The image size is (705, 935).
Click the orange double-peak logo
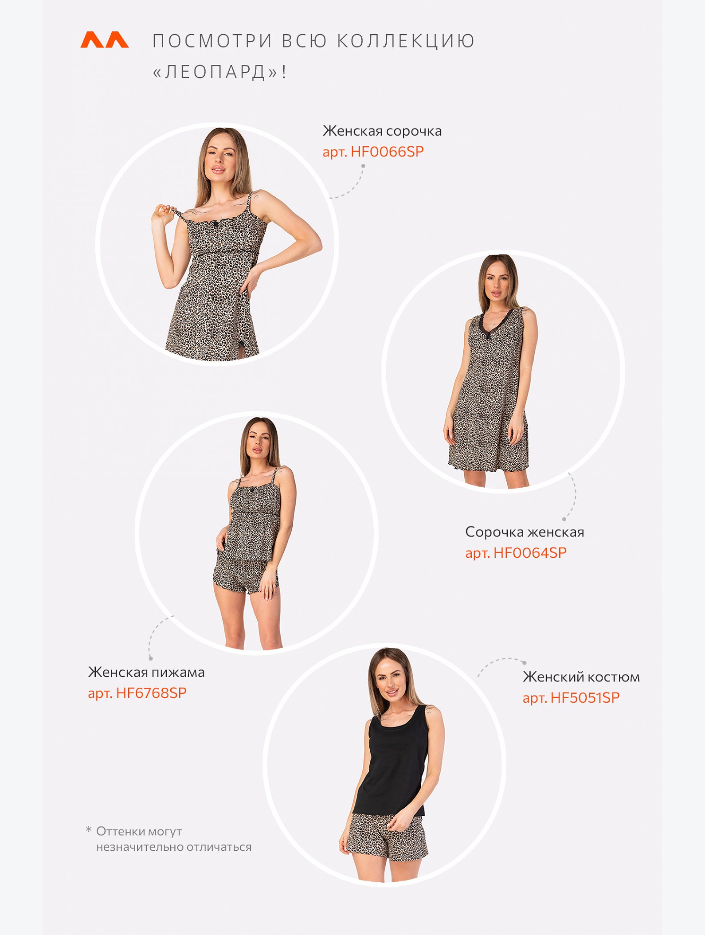coord(105,39)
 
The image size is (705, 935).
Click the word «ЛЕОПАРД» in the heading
coord(215,72)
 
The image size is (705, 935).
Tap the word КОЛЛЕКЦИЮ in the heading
coord(406,41)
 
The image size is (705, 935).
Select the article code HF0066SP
coord(387,152)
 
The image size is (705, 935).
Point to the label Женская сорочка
coord(382,131)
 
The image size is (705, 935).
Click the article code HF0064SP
coord(530,552)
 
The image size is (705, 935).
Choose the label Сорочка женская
coord(525,532)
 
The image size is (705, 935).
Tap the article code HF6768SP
coord(151,692)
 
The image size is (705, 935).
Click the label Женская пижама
coord(146,672)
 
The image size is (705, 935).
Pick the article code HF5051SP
coord(585,697)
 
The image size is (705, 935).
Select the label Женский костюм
coord(581,677)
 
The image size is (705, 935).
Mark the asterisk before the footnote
coord(89,829)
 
